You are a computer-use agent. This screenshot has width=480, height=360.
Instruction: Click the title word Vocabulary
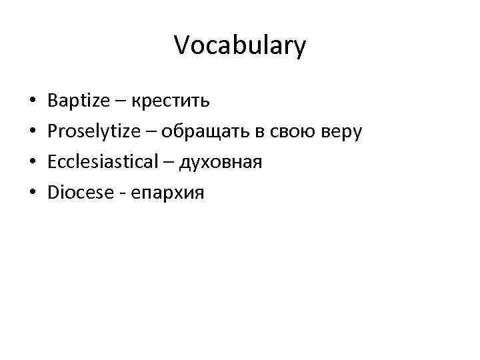click(x=240, y=46)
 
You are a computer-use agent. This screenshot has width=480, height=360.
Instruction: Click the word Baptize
click(x=80, y=101)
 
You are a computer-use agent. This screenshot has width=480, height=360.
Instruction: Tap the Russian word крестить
click(x=171, y=101)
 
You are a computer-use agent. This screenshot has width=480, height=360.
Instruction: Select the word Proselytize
click(x=93, y=132)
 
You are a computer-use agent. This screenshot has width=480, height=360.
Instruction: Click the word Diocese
click(x=77, y=193)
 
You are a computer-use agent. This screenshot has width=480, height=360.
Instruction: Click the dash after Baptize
click(x=121, y=103)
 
